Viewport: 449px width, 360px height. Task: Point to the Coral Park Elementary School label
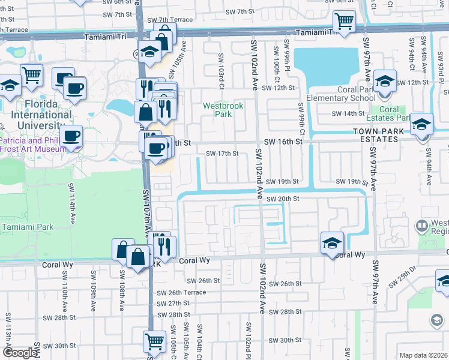340,94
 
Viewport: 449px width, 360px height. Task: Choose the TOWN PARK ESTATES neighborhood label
384,135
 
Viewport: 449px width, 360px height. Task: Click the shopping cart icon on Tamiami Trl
345,22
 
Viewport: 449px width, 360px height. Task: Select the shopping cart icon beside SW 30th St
154,341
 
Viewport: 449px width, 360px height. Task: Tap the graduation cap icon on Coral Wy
332,243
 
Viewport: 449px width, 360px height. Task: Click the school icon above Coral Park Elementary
384,80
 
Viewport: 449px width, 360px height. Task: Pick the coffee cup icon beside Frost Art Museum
72,135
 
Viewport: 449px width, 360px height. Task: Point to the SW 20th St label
282,199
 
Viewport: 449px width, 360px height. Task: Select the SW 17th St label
222,154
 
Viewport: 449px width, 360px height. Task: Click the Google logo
19,353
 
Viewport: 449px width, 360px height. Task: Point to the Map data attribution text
423,355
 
